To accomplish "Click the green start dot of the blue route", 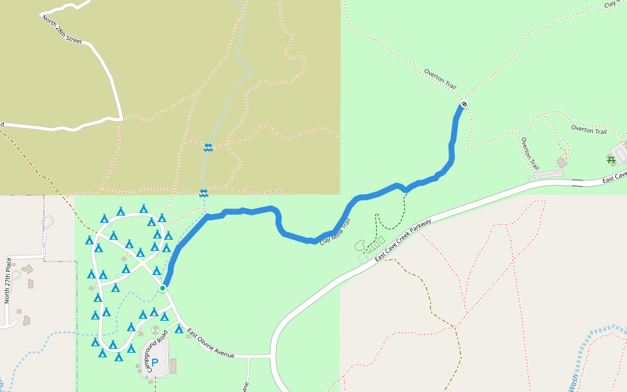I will (163, 287).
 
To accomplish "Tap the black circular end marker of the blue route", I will (464, 104).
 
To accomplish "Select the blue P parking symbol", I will (155, 363).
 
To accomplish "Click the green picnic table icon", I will (611, 159).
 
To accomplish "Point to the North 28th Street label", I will (62, 30).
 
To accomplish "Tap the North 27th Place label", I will (8, 281).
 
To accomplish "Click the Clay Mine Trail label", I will (335, 232).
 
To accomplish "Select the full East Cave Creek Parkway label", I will (403, 241).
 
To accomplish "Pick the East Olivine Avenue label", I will (210, 344).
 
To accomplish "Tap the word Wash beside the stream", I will (573, 381).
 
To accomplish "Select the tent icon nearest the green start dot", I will (157, 271).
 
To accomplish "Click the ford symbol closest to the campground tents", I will (204, 193).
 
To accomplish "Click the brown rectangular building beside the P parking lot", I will (173, 366).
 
